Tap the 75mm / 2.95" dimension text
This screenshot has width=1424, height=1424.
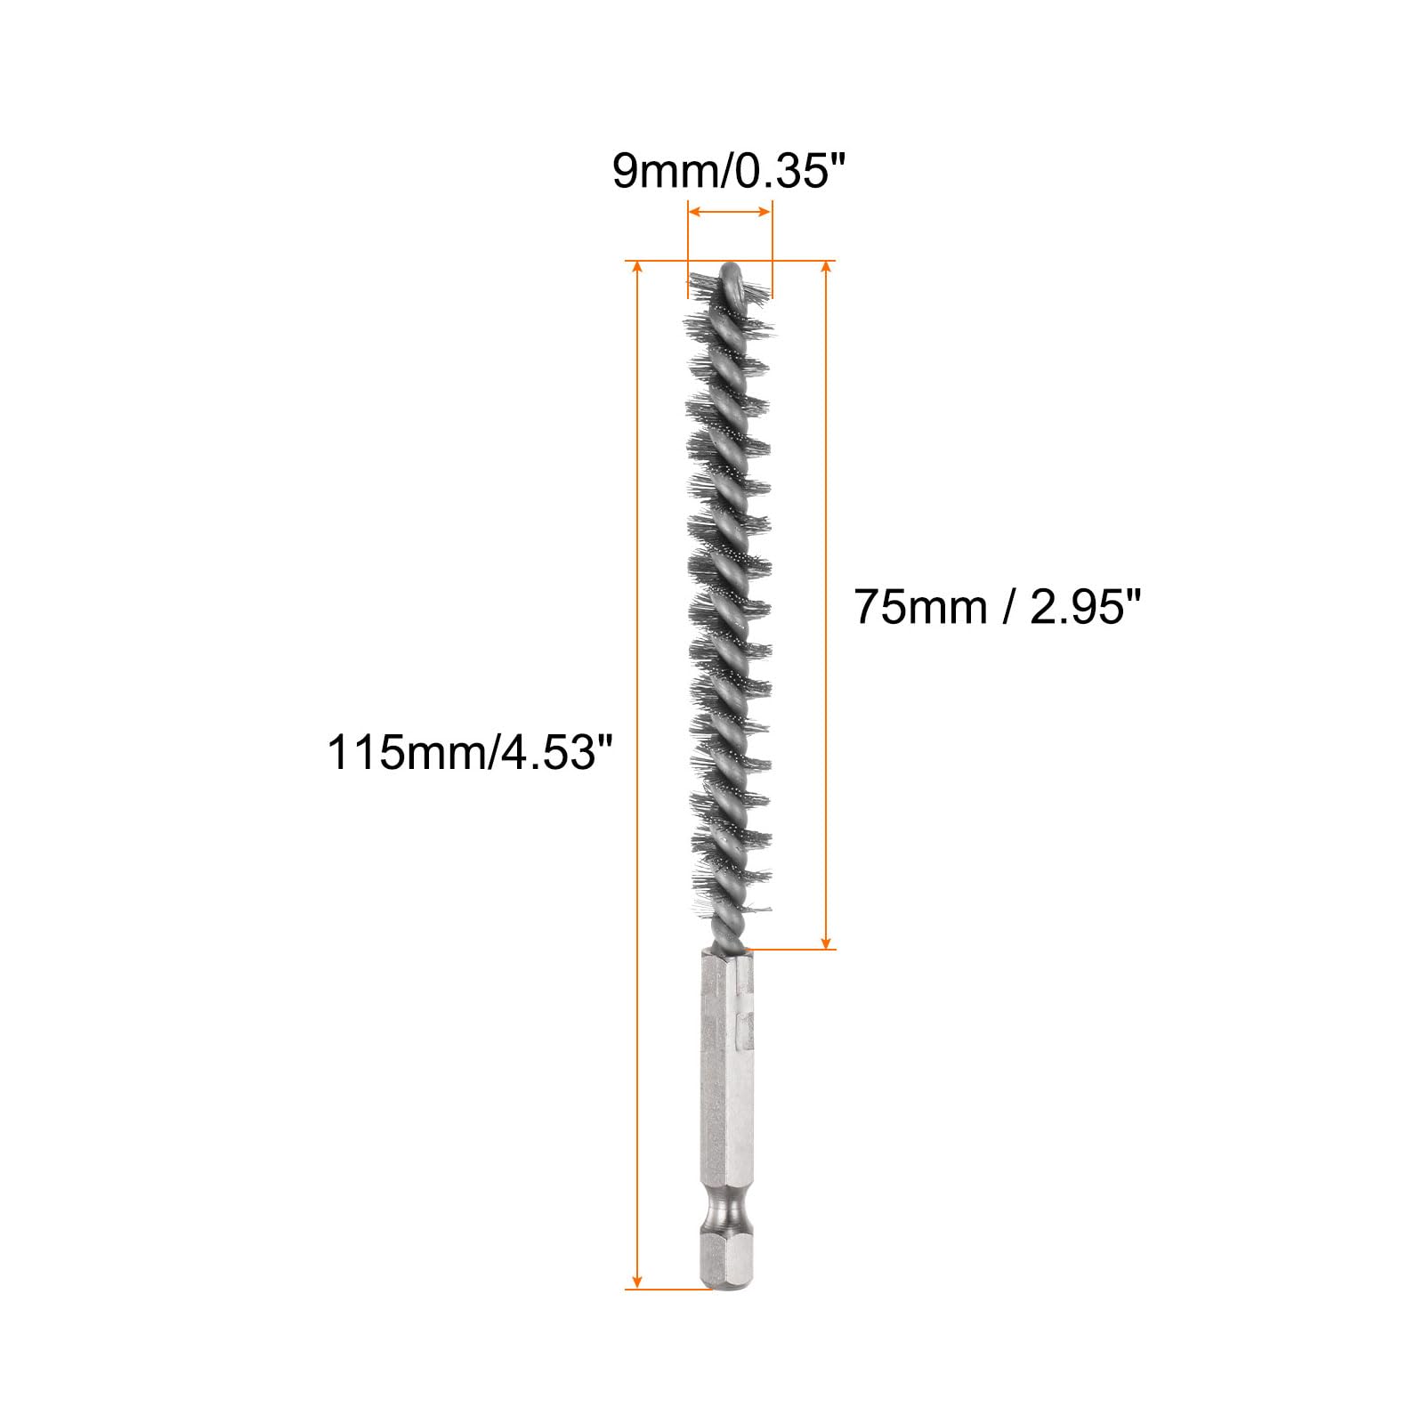pos(997,607)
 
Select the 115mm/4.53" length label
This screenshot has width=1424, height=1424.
pos(471,752)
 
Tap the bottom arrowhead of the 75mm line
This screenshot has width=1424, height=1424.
pos(826,940)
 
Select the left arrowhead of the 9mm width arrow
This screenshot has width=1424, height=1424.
pos(697,212)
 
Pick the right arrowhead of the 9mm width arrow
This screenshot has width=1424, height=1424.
pos(763,212)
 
